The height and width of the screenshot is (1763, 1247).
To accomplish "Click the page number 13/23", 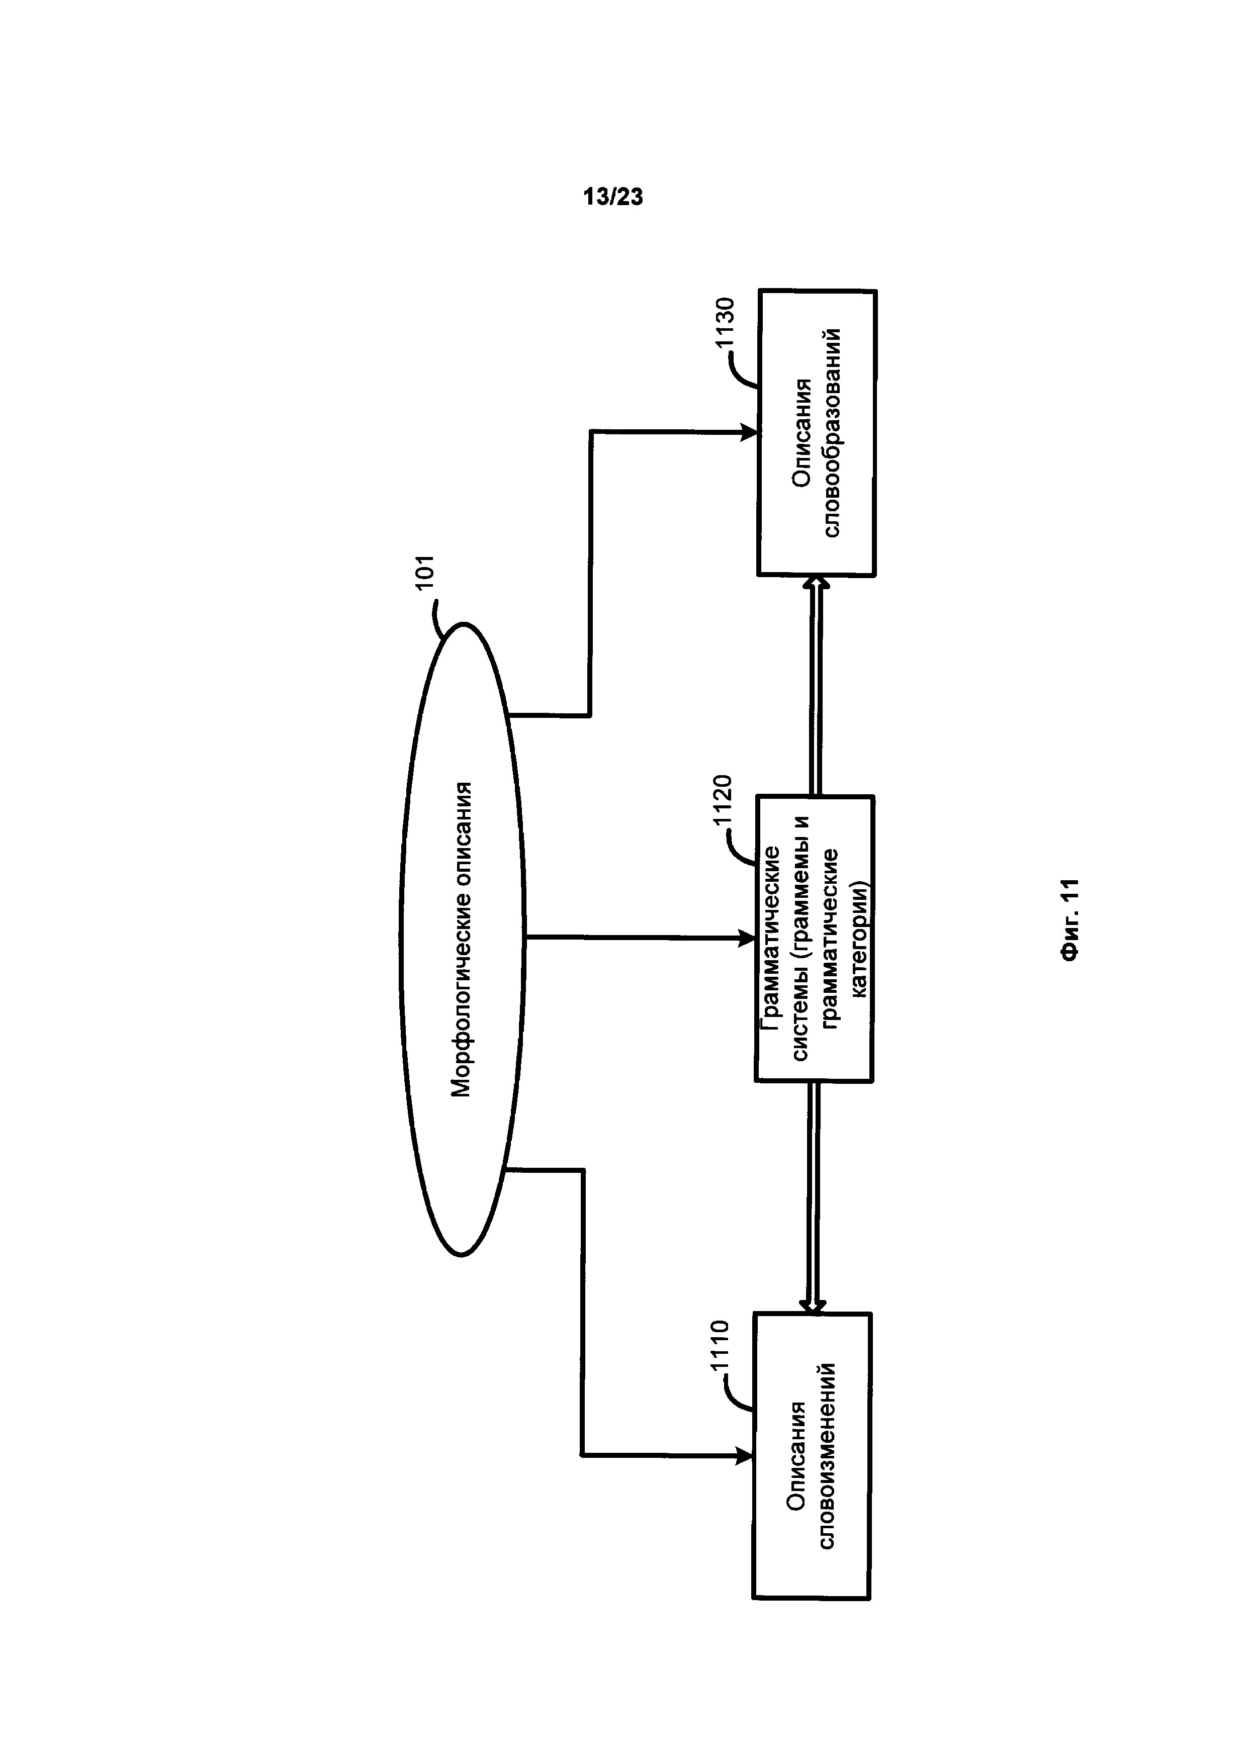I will pos(613,198).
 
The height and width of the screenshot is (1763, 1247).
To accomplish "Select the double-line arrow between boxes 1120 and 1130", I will pos(816,686).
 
